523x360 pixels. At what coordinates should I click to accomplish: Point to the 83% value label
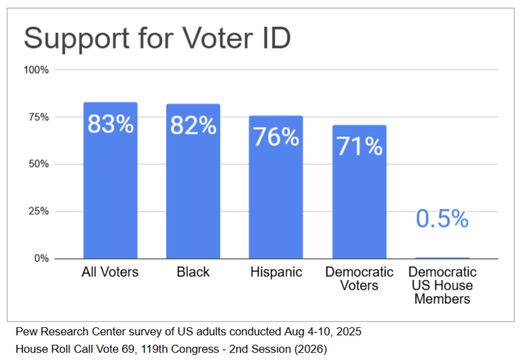coord(110,124)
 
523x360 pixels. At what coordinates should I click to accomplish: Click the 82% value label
coord(193,126)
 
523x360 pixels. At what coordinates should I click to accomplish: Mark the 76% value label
coord(276,137)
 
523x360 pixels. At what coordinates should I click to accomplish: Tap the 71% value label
coord(359,146)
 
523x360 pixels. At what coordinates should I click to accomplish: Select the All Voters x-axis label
coord(110,272)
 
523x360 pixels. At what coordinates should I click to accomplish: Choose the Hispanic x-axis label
coord(276,272)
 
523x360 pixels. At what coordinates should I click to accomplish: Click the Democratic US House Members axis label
coord(442,286)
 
